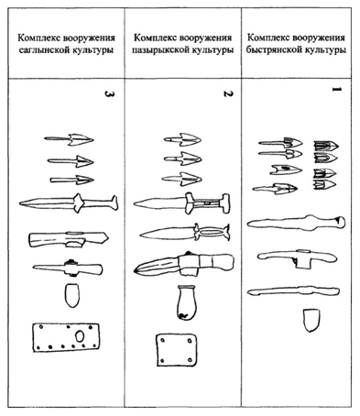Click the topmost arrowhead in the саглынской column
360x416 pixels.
68,140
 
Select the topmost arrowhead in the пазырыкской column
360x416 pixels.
182,140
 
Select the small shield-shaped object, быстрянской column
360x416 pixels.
311,321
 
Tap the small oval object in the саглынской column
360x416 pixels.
72,296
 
